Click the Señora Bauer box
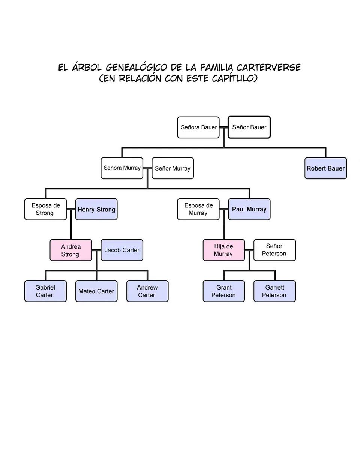click(198, 127)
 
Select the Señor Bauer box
click(249, 127)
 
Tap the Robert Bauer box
click(325, 168)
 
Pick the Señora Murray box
click(122, 168)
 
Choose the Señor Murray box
click(172, 168)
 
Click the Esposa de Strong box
click(45, 209)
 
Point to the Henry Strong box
click(96, 209)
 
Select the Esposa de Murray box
click(198, 209)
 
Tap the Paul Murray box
click(249, 209)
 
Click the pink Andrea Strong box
click(70, 250)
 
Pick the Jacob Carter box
click(122, 250)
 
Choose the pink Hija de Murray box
click(223, 250)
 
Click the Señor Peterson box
click(274, 250)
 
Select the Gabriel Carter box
click(45, 291)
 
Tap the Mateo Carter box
click(96, 291)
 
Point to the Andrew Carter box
click(147, 291)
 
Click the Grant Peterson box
click(223, 291)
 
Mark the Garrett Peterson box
click(274, 291)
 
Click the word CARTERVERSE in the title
click(268, 67)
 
